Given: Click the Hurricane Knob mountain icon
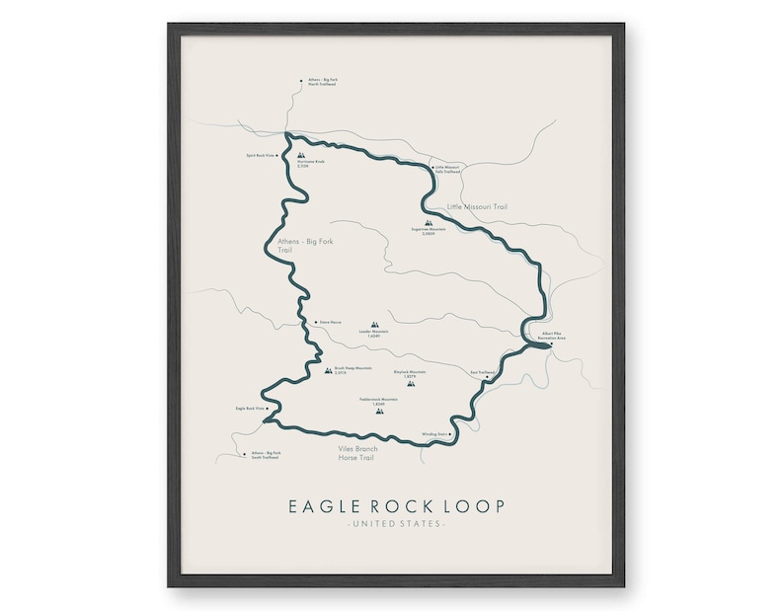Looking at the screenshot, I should click(x=301, y=154).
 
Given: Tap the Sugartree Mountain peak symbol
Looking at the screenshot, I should click(x=428, y=222).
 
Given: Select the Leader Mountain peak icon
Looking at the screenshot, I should click(x=374, y=324).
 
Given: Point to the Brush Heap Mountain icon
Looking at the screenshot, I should click(x=329, y=371).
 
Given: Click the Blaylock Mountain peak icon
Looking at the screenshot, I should click(x=411, y=383).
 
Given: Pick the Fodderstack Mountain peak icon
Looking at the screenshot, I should click(x=378, y=411).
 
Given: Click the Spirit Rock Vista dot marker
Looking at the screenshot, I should click(x=277, y=155).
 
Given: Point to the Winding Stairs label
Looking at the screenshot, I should click(x=434, y=433).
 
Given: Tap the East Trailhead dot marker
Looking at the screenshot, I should click(x=488, y=375).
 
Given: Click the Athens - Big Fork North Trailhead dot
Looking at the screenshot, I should click(x=301, y=82).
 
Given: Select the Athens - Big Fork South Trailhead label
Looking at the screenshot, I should click(x=266, y=454).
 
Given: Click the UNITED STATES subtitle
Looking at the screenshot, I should click(x=396, y=523).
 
